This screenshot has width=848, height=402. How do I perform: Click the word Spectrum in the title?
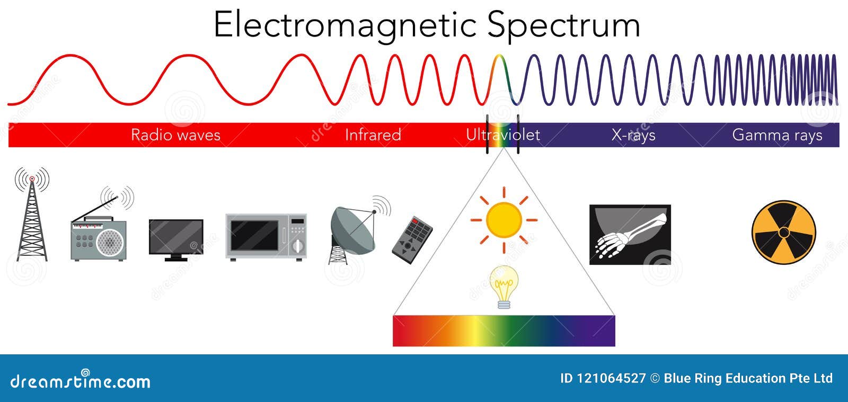click(x=563, y=25)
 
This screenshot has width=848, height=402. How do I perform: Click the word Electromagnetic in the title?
click(x=345, y=25)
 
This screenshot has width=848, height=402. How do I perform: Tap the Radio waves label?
click(x=175, y=135)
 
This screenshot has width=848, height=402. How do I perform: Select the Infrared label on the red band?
click(x=373, y=135)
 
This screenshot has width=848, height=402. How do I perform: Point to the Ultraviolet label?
click(x=502, y=135)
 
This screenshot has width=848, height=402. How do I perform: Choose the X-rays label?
click(x=633, y=135)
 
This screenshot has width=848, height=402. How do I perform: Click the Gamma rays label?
click(x=777, y=135)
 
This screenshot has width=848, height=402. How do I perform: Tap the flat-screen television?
click(x=176, y=238)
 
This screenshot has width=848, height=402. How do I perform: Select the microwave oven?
click(x=266, y=236)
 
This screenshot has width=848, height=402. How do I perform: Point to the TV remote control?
click(x=412, y=239)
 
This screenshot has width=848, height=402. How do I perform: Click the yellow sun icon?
click(x=503, y=219)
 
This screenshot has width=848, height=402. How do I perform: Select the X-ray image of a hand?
click(x=630, y=234)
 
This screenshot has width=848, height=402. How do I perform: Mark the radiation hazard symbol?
click(x=783, y=232)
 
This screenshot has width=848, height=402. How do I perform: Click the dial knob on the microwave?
click(x=298, y=246)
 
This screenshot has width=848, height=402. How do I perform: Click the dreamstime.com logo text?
click(x=80, y=381)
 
